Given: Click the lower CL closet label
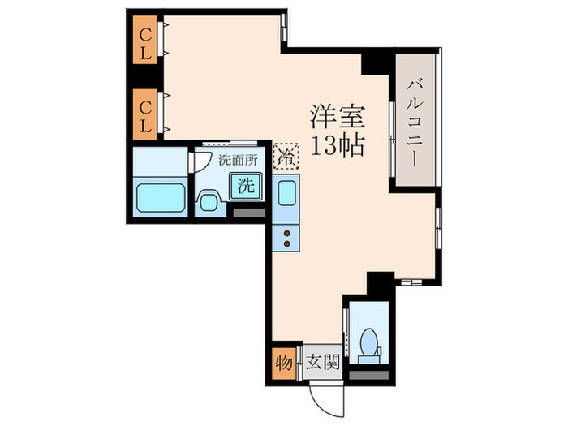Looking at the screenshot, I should point(147,113).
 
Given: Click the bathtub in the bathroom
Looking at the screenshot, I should point(161,196).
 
